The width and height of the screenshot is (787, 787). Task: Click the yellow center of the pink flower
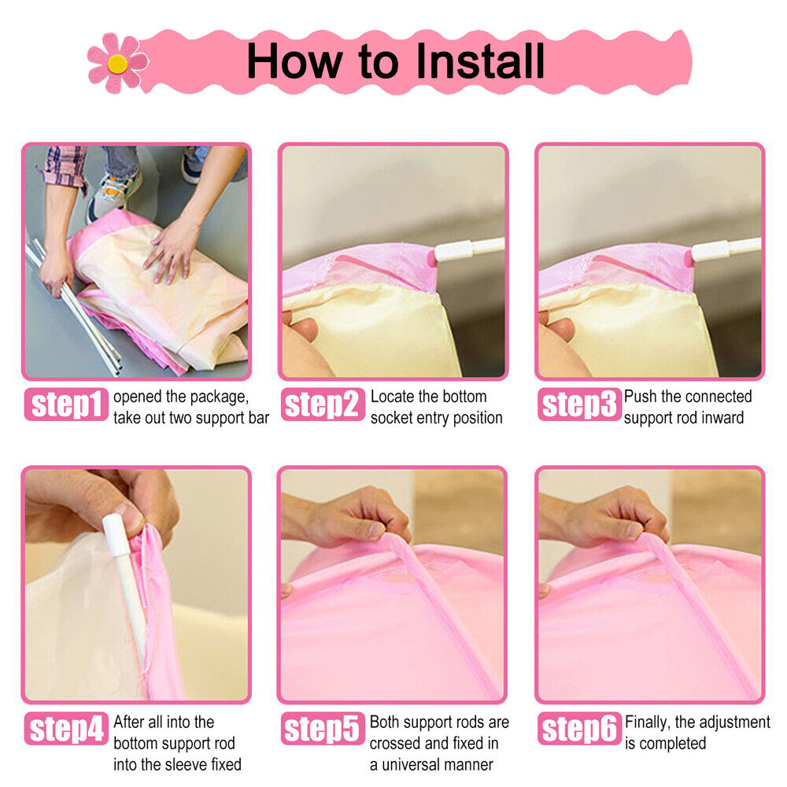(x=117, y=64)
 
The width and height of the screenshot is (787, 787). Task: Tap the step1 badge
(x=66, y=404)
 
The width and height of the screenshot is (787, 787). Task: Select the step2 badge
(x=323, y=404)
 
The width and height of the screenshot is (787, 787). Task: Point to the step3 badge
(x=579, y=404)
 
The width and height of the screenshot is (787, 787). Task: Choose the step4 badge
(x=66, y=728)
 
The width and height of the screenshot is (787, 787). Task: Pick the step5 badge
(x=323, y=728)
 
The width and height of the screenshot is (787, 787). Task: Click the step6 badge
(x=579, y=728)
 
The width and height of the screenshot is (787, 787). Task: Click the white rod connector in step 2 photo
(x=453, y=250)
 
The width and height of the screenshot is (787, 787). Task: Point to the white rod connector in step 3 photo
(x=710, y=250)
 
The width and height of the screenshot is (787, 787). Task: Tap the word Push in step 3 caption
(x=641, y=396)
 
